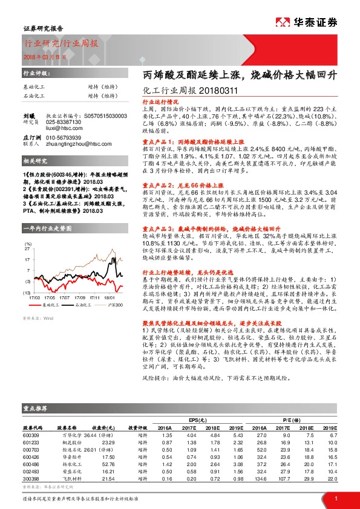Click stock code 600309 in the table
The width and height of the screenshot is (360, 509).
pos(31,434)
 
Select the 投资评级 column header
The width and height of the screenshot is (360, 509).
pos(139,426)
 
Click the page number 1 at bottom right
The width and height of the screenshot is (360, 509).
pos(336,498)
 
